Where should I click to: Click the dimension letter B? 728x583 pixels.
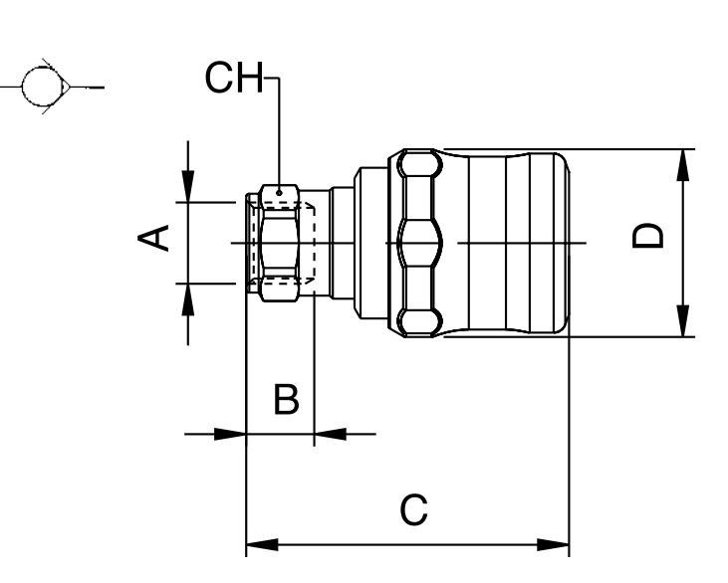286,401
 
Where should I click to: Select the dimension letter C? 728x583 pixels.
413,510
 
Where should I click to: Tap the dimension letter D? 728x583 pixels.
649,236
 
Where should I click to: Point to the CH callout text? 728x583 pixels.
234,79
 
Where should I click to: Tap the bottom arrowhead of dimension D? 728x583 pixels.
683,321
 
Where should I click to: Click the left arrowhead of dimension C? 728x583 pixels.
261,545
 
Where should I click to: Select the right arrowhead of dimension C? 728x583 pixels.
554,545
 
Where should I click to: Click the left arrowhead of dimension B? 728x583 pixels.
230,434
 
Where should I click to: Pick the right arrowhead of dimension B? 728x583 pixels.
330,434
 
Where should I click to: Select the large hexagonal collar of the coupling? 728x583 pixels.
418,242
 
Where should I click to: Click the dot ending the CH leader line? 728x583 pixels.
281,191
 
